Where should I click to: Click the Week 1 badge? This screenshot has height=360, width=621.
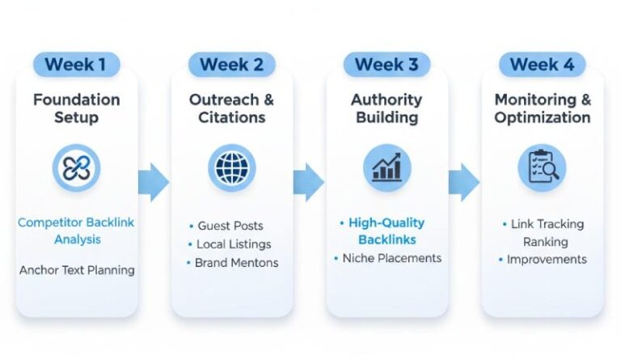[x=77, y=65]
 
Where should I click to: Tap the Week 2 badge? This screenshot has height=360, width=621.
[x=232, y=65]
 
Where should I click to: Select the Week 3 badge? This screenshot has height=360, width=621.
[x=387, y=65]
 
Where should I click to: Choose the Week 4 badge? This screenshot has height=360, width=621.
[x=542, y=65]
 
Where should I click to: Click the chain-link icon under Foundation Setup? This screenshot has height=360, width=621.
[x=77, y=168]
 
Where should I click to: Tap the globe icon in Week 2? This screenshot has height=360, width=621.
[x=232, y=168]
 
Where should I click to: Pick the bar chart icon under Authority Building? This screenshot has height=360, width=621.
[x=387, y=168]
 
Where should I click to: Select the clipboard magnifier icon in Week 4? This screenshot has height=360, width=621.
[x=542, y=168]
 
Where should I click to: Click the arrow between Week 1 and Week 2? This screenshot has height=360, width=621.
[x=154, y=181]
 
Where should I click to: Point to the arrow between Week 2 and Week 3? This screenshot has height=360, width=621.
[x=308, y=181]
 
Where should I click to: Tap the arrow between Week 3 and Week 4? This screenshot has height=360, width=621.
[x=463, y=181]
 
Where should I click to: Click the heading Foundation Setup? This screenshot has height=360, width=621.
[x=77, y=108]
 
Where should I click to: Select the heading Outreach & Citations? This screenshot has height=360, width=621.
[x=232, y=108]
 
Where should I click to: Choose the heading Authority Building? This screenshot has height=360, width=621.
[x=387, y=108]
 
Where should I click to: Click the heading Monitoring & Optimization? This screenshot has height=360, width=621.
[x=543, y=108]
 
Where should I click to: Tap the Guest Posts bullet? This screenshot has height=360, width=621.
[x=230, y=226]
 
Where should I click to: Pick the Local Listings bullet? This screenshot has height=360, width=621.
[x=233, y=244]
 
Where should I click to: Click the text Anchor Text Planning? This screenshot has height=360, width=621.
[x=77, y=269]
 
